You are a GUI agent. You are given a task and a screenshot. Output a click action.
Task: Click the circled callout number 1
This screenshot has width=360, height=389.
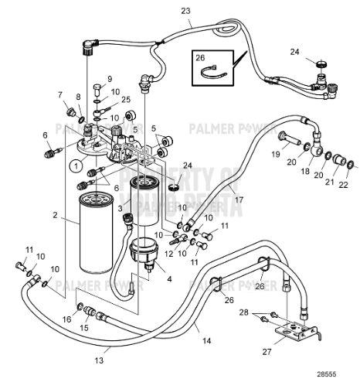tap(76, 164)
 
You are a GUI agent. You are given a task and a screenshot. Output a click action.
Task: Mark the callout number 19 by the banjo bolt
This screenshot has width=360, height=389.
tap(274, 155)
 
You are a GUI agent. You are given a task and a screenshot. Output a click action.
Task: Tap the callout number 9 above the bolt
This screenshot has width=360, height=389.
tap(109, 79)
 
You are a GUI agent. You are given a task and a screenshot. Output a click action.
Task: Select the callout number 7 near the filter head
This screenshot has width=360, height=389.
tap(60, 94)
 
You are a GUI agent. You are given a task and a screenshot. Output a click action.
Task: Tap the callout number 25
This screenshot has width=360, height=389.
tap(125, 100)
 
